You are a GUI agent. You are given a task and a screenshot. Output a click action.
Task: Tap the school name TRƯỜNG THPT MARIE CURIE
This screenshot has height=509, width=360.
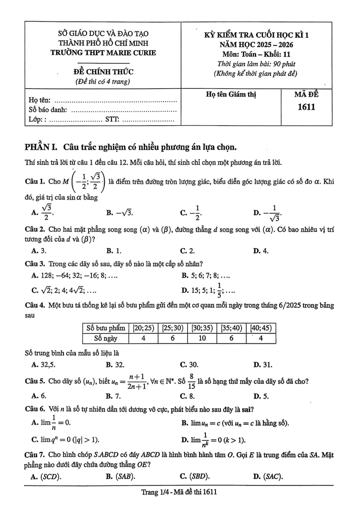click(x=103, y=52)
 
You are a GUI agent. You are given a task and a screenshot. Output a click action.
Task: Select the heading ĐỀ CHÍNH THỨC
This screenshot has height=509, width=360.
click(x=103, y=72)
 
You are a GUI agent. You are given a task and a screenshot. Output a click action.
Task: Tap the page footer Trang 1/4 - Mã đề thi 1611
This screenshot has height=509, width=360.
click(x=180, y=492)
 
